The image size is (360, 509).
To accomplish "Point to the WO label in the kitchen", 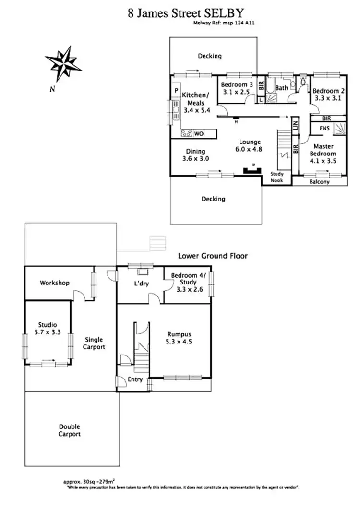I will click(x=199, y=134).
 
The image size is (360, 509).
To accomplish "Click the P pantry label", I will click(x=176, y=91).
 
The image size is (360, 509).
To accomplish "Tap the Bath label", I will click(x=282, y=88).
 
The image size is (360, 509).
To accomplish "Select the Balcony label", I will click(x=319, y=182).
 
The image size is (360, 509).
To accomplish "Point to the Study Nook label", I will click(x=277, y=177).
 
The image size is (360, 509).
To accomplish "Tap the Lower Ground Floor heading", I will click(x=213, y=256).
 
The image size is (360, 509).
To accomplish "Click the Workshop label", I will click(x=55, y=283).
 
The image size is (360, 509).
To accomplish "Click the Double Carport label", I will click(x=70, y=430).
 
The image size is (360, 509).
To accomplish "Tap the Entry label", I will click(x=135, y=379).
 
